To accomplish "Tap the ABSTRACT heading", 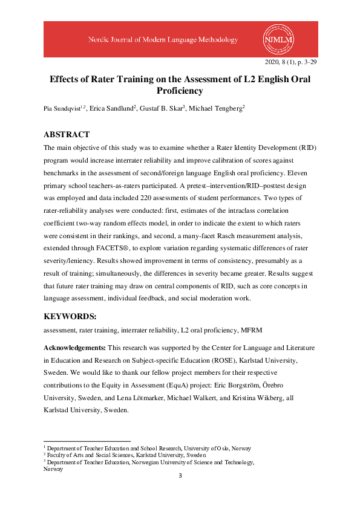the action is click(x=67, y=135).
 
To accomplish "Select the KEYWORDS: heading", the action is click(x=70, y=317).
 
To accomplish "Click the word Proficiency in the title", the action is click(x=179, y=91).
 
